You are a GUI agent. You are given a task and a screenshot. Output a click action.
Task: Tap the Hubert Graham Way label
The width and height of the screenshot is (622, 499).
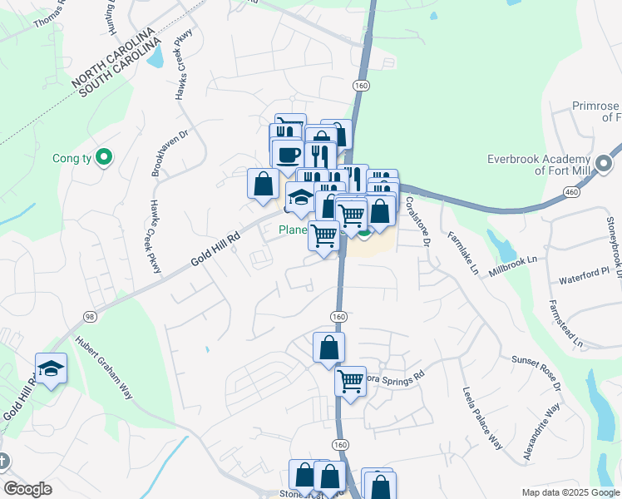point(104,368)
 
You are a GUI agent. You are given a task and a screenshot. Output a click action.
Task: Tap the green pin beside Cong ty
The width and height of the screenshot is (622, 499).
point(104,156)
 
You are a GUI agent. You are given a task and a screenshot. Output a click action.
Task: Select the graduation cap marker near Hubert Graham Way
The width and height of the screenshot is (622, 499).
point(51,368)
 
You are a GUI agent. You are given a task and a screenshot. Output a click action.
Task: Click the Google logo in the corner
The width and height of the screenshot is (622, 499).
point(27,489)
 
